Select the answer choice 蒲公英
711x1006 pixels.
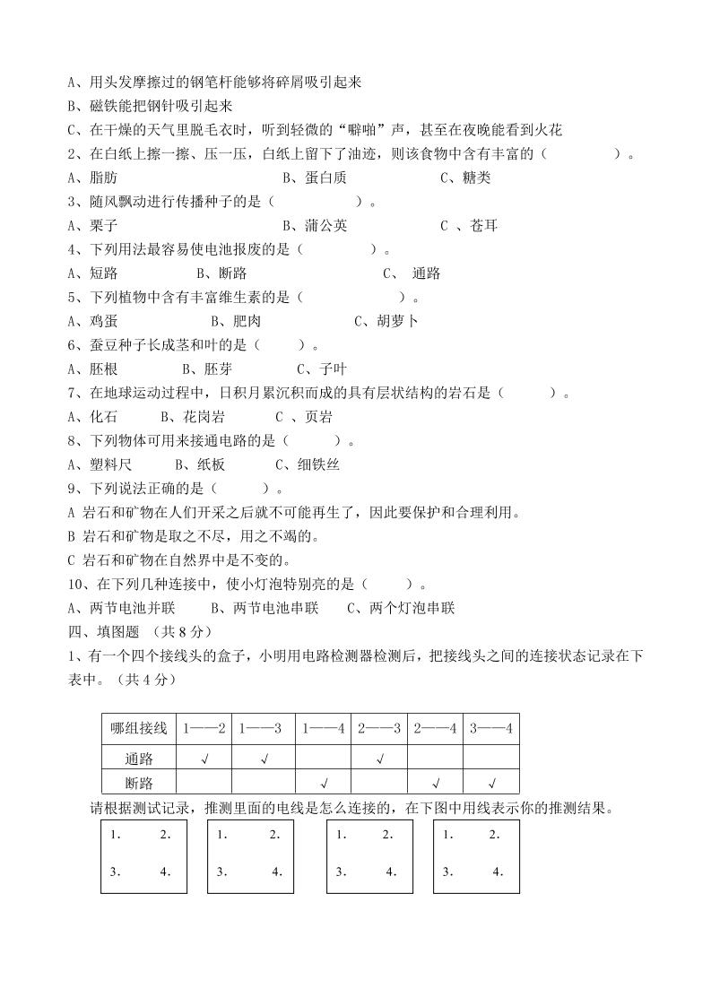pyautogui.click(x=315, y=225)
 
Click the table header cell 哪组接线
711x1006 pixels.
pyautogui.click(x=139, y=728)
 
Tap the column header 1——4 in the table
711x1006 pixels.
pyautogui.click(x=324, y=728)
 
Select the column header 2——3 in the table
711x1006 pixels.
pyautogui.click(x=379, y=728)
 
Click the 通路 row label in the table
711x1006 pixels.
pyautogui.click(x=139, y=759)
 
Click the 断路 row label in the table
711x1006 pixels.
pyautogui.click(x=139, y=783)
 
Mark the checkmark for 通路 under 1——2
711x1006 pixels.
pyautogui.click(x=205, y=759)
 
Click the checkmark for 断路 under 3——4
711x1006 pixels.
pyautogui.click(x=490, y=783)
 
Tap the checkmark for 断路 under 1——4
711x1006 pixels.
pyautogui.click(x=324, y=783)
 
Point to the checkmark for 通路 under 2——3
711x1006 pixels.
pyautogui.click(x=379, y=759)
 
